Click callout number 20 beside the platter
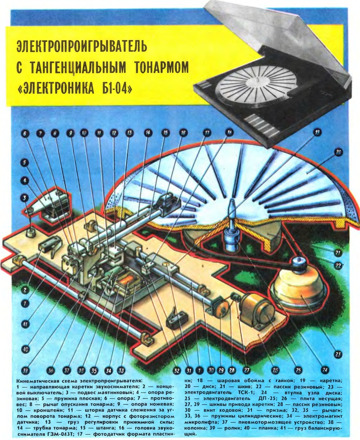(338, 153)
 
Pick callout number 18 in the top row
(229, 133)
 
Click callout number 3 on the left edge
(25, 198)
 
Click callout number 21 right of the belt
(338, 253)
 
